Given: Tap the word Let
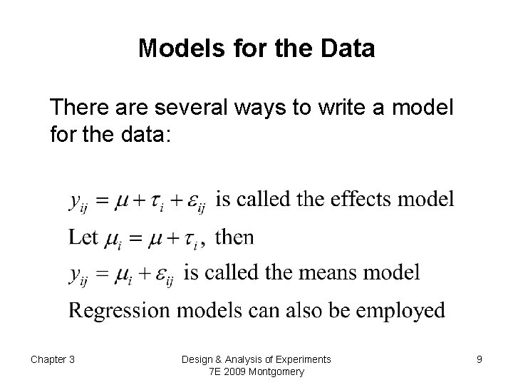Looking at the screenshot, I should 83,236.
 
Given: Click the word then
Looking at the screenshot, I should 234,236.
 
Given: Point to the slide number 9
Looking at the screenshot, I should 480,359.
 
